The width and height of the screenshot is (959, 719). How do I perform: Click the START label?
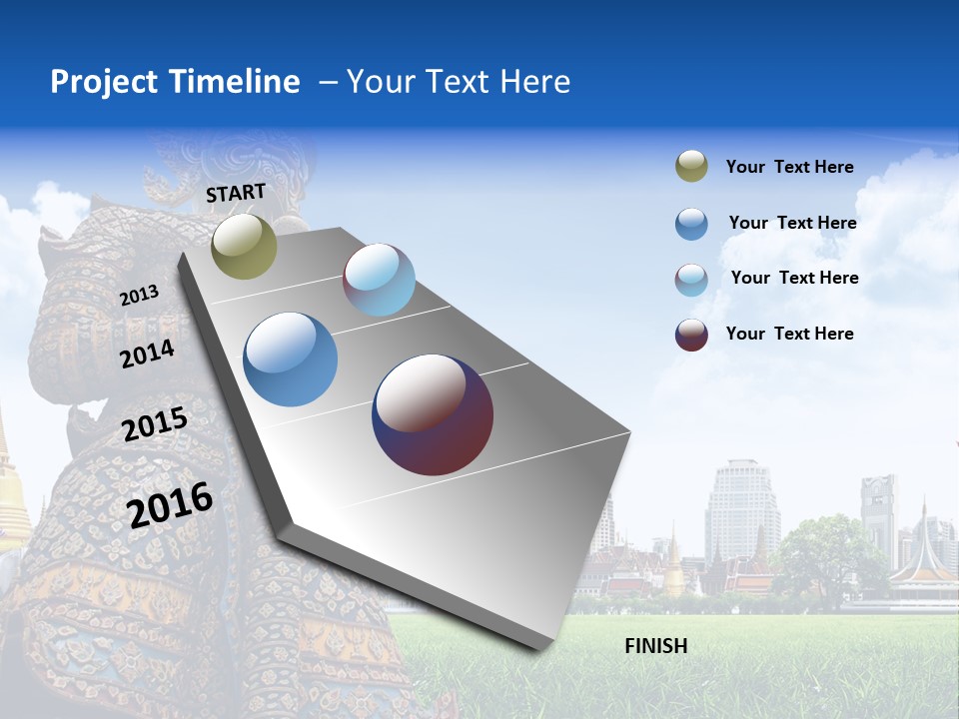[x=236, y=193]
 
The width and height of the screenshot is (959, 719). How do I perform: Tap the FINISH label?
[x=655, y=646]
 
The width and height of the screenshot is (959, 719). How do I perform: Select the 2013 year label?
[x=139, y=296]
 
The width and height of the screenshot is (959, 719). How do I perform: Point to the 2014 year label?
[x=148, y=354]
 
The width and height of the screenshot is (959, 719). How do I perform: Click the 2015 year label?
[x=155, y=424]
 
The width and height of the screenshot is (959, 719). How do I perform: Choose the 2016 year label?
[x=170, y=504]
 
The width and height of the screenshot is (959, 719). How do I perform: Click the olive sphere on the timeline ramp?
[x=244, y=246]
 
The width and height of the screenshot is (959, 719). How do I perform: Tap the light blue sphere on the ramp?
[x=379, y=280]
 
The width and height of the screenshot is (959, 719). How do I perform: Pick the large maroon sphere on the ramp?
[x=433, y=414]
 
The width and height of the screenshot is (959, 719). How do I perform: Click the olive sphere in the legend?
[x=691, y=167]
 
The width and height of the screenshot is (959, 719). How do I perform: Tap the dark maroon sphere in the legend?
[x=691, y=335]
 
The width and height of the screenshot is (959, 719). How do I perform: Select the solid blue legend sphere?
[x=691, y=224]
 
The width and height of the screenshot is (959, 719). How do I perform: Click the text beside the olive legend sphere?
[x=789, y=167]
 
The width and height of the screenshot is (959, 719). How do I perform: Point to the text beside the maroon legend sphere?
[x=789, y=334]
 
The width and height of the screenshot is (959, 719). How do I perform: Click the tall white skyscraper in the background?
[x=741, y=509]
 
